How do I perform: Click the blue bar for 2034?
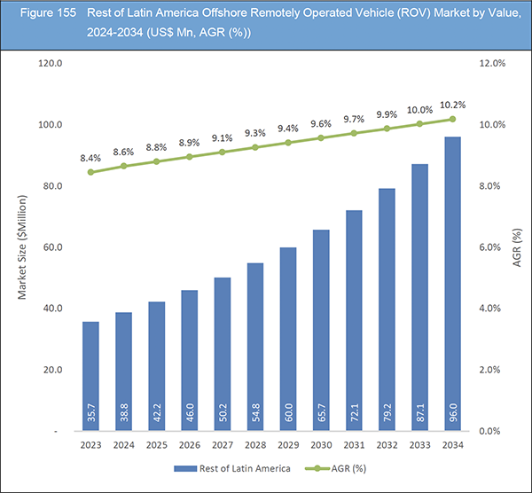[x=452, y=284]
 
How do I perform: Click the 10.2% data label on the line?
[x=453, y=102]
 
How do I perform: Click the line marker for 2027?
[x=223, y=152]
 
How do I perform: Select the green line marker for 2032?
[x=387, y=129]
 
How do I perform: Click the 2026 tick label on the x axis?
[x=190, y=444]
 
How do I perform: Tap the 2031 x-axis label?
[x=354, y=444]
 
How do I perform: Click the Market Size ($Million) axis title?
[x=23, y=247]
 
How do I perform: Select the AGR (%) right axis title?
[x=516, y=247]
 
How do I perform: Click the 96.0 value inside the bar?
[x=452, y=411]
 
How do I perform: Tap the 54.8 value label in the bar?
[x=255, y=411]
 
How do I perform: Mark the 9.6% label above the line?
[x=321, y=123]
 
